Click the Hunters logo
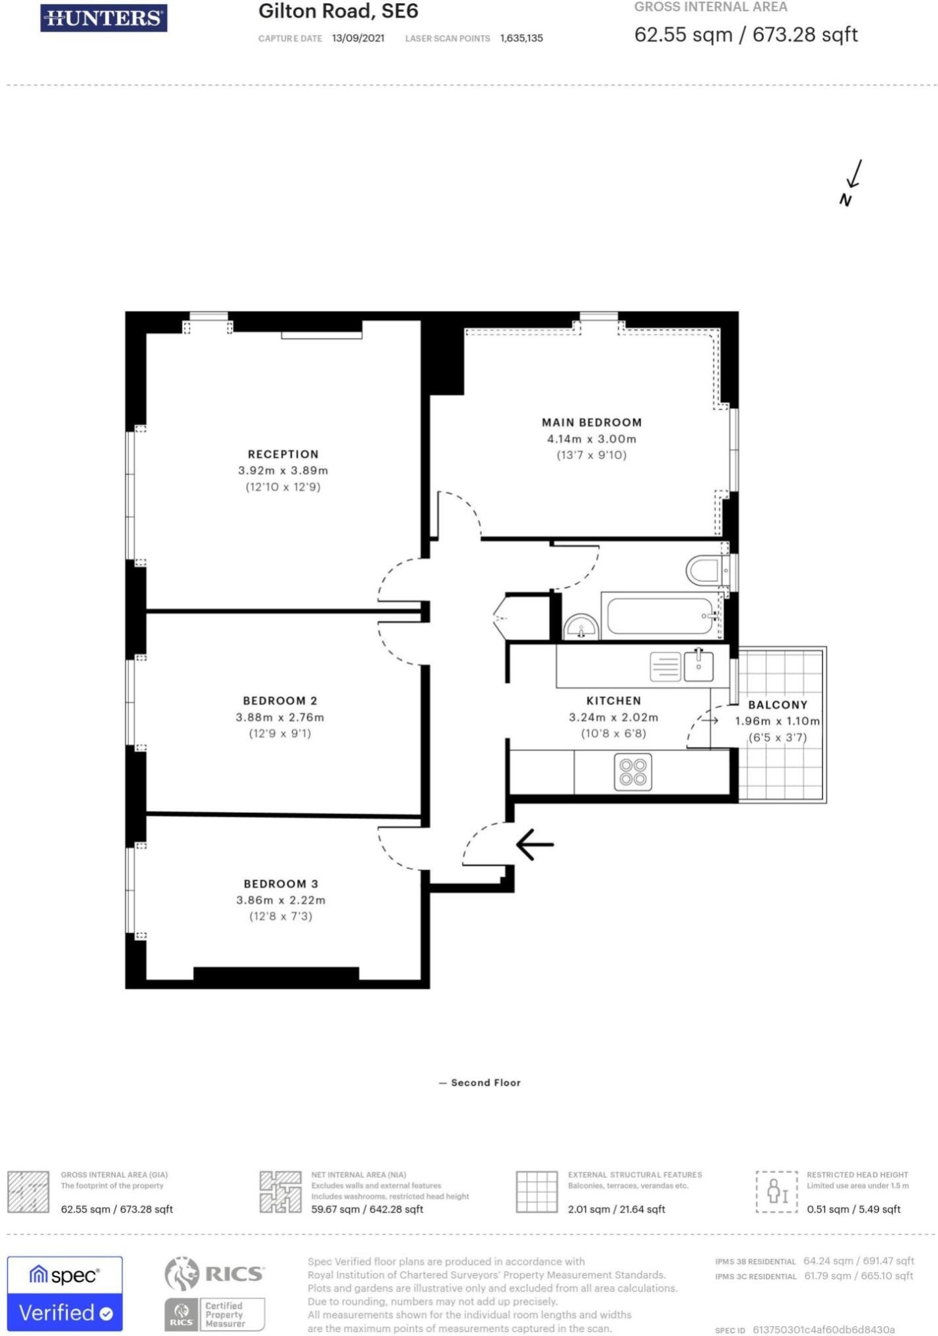pyautogui.click(x=104, y=18)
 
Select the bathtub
pyautogui.click(x=661, y=615)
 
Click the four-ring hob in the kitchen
pyautogui.click(x=633, y=772)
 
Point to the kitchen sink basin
pyautogui.click(x=698, y=666)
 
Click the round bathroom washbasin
pyautogui.click(x=581, y=626)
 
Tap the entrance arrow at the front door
pyautogui.click(x=535, y=844)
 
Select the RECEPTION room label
pyautogui.click(x=283, y=454)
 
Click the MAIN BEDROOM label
pyautogui.click(x=591, y=422)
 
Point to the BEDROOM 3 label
pyautogui.click(x=281, y=883)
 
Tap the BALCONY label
pyautogui.click(x=778, y=705)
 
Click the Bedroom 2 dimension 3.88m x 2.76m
pyautogui.click(x=280, y=717)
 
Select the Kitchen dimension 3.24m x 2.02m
pyautogui.click(x=613, y=717)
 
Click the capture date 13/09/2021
pyautogui.click(x=358, y=38)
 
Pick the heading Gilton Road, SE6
pyautogui.click(x=338, y=11)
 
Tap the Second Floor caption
pyautogui.click(x=486, y=1083)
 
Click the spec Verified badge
pyautogui.click(x=65, y=1294)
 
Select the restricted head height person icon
pyautogui.click(x=777, y=1192)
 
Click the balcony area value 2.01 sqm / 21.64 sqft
pyautogui.click(x=616, y=1209)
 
